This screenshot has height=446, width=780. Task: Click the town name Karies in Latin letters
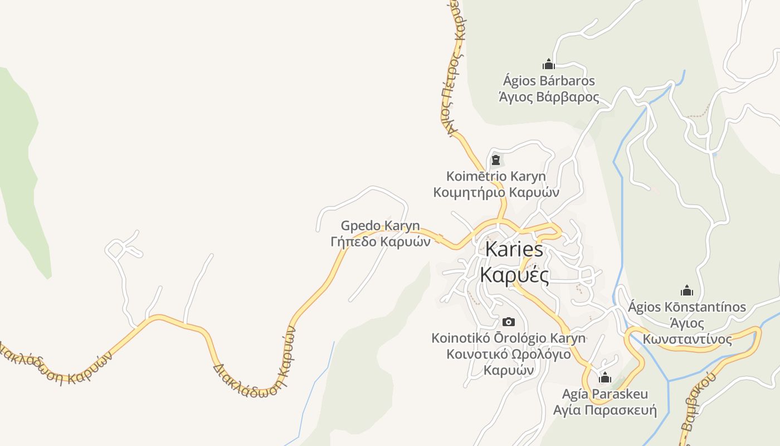click(514, 249)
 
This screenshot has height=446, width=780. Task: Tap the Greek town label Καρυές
click(514, 275)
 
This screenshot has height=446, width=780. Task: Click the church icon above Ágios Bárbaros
click(549, 64)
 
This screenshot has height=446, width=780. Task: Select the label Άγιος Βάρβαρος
click(549, 98)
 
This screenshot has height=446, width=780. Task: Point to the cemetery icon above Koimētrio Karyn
click(495, 161)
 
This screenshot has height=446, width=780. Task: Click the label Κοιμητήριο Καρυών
click(496, 193)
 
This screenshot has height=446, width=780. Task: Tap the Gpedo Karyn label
click(381, 226)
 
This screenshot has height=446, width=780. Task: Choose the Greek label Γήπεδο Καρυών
click(381, 242)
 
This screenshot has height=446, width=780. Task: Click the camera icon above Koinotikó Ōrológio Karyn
click(508, 322)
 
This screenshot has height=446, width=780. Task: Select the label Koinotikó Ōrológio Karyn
click(508, 338)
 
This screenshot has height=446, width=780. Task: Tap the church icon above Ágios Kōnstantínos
click(687, 290)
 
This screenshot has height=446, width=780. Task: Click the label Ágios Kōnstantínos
click(687, 307)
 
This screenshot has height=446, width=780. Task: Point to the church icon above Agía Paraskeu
click(605, 377)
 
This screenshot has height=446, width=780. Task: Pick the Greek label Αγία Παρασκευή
click(605, 411)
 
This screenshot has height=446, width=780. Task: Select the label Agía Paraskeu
click(605, 394)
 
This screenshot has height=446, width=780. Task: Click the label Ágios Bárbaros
click(549, 81)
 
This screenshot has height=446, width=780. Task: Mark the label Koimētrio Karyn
click(496, 177)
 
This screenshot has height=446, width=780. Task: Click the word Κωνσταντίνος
click(687, 339)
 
